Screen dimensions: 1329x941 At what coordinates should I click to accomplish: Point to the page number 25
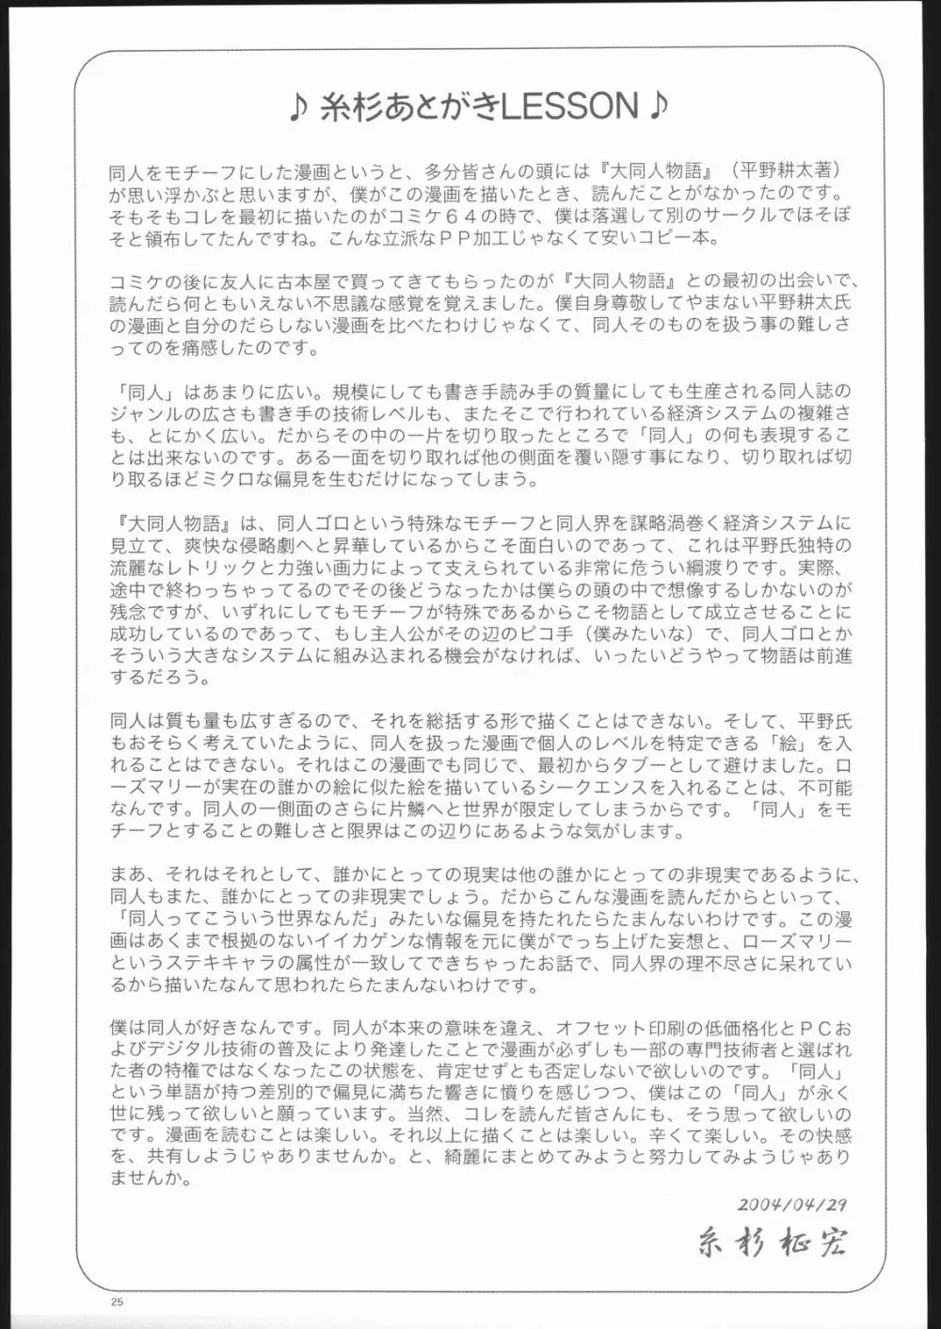(118, 1302)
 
